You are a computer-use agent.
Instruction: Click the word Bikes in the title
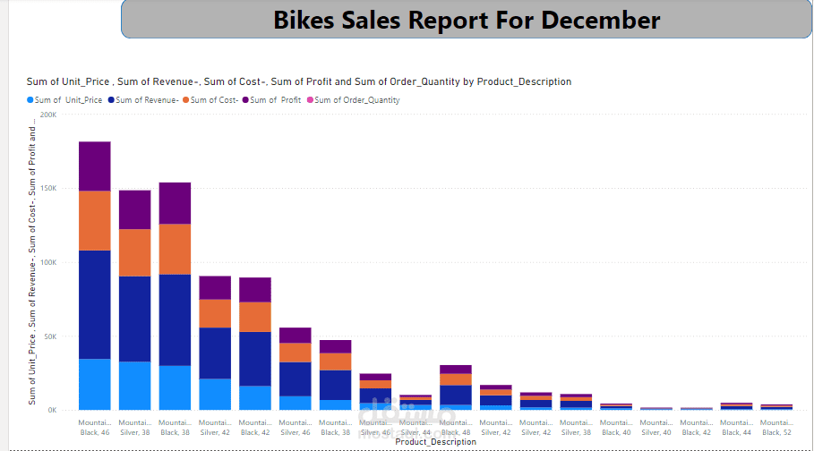pyautogui.click(x=306, y=20)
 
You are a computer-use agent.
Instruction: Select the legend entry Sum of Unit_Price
pyautogui.click(x=68, y=100)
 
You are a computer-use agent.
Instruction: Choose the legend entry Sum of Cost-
pyautogui.click(x=214, y=100)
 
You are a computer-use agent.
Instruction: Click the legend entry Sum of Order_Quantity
pyautogui.click(x=356, y=100)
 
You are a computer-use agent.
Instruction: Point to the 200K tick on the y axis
pyautogui.click(x=48, y=115)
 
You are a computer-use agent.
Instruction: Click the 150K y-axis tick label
pyautogui.click(x=48, y=189)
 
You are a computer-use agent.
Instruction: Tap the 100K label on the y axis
pyautogui.click(x=48, y=262)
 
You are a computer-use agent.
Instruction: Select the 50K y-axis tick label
pyautogui.click(x=50, y=336)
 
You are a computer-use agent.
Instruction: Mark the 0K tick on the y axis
pyautogui.click(x=52, y=410)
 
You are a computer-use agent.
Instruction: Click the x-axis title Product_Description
pyautogui.click(x=435, y=442)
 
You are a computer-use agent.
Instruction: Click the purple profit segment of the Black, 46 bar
pyautogui.click(x=94, y=166)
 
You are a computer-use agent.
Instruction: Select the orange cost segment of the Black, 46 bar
pyautogui.click(x=94, y=220)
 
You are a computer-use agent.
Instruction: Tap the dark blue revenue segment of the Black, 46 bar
pyautogui.click(x=94, y=304)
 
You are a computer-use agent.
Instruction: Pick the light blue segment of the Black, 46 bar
pyautogui.click(x=94, y=384)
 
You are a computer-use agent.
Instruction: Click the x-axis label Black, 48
pyautogui.click(x=456, y=432)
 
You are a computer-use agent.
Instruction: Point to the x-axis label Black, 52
pyautogui.click(x=776, y=432)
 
